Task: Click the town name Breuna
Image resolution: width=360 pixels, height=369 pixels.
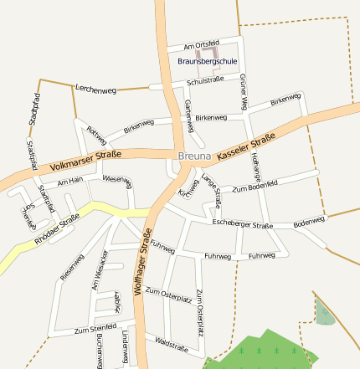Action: [x=195, y=156]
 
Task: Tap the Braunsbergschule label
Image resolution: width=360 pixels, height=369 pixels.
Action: [x=208, y=61]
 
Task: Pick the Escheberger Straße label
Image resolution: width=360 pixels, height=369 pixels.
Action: [x=243, y=225]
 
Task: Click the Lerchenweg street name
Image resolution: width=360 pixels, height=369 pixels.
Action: [x=95, y=88]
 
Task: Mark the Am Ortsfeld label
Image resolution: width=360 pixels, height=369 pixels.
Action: [x=200, y=43]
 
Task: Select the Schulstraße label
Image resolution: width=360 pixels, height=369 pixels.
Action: [x=206, y=81]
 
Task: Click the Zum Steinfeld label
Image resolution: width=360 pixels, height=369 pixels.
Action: [x=95, y=328]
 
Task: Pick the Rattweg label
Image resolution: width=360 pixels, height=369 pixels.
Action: [x=97, y=134]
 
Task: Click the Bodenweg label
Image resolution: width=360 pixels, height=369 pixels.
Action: [x=309, y=222]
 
